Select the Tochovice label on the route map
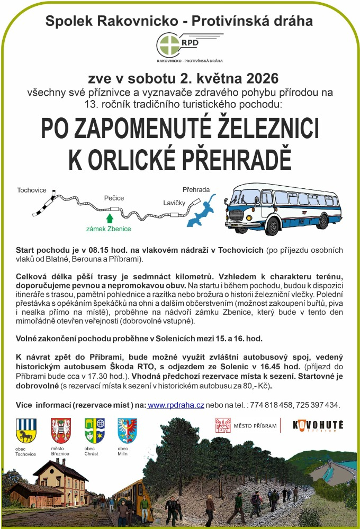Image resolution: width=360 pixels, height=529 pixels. click(32, 190)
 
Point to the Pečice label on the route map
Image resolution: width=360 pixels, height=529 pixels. click(114, 198)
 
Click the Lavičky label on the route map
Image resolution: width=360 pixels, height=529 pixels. click(174, 202)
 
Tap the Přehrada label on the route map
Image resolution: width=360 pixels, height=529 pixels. click(196, 189)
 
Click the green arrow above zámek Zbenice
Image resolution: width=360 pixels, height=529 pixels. click(110, 218)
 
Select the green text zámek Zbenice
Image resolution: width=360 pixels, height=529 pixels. click(109, 229)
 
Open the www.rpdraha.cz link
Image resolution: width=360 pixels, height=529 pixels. click(176, 405)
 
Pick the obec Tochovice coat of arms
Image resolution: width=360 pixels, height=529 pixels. click(25, 430)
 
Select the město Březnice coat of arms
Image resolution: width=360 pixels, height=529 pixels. click(60, 430)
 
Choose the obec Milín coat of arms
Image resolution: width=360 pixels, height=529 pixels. click(127, 430)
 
